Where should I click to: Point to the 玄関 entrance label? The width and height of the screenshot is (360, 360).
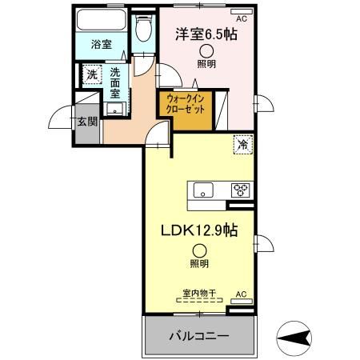click(87, 122)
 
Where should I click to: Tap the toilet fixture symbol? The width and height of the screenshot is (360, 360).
click(142, 30)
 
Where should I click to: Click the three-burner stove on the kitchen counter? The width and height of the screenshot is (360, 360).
click(239, 190)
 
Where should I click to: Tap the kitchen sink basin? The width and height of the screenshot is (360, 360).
click(202, 190)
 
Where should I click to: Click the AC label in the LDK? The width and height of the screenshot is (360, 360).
click(241, 294)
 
